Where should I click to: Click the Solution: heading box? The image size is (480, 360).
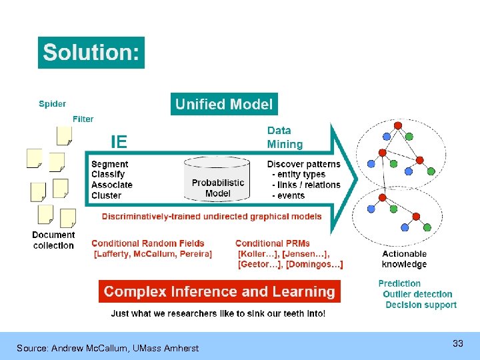[x=91, y=52]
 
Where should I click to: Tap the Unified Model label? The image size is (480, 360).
[x=223, y=104]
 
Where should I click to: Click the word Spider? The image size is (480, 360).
[x=52, y=103]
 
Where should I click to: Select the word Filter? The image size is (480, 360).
[x=83, y=119]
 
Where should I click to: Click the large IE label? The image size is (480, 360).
[x=119, y=141]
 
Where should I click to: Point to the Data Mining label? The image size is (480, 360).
[x=285, y=137]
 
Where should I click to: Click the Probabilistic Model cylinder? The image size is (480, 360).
[x=217, y=179]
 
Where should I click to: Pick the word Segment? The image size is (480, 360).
[x=110, y=164]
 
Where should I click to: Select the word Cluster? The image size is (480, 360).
[x=107, y=195]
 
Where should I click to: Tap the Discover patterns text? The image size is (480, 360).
[x=303, y=164]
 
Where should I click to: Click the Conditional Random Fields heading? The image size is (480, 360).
[x=148, y=243]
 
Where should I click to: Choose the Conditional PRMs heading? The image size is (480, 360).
[x=273, y=243]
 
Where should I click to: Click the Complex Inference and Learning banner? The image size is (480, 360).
[x=219, y=291]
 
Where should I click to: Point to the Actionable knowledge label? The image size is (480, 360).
[x=404, y=259]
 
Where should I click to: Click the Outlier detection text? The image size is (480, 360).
[x=417, y=294]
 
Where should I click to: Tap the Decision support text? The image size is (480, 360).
[x=421, y=305]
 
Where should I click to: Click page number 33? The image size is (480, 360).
[x=457, y=343]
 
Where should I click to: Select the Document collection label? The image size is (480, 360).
[x=53, y=240]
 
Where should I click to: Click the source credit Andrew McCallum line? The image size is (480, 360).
[x=107, y=348]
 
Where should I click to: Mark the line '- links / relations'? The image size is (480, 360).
[x=306, y=185]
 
